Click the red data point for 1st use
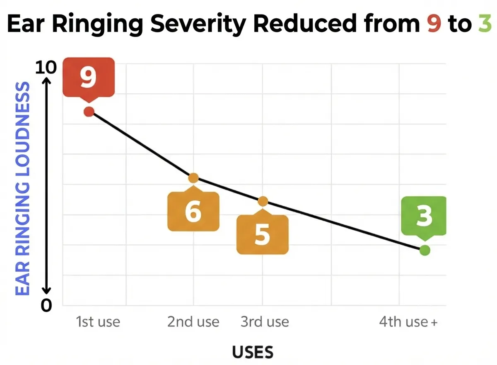click(89, 111)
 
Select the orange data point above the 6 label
click(193, 178)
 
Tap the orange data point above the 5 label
click(263, 201)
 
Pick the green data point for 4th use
click(425, 250)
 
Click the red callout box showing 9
click(88, 78)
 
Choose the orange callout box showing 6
click(193, 212)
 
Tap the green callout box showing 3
click(424, 216)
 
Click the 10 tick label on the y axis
click(45, 67)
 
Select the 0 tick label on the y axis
click(46, 306)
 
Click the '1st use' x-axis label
click(98, 322)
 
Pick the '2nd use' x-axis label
click(193, 322)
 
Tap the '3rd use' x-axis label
click(265, 322)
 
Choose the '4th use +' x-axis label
click(408, 322)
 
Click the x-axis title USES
click(253, 353)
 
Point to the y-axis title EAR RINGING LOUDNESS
click(23, 189)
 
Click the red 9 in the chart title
click(434, 25)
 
